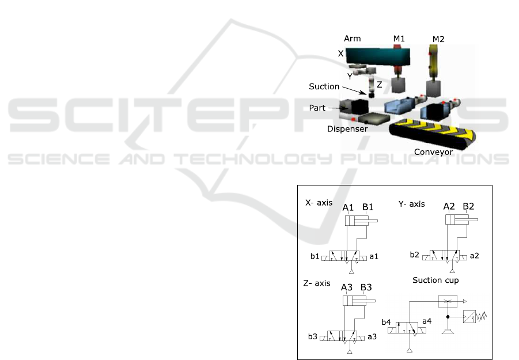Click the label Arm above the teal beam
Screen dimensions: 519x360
[x=352, y=39]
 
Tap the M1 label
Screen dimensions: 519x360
[x=399, y=39]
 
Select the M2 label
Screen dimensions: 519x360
[x=438, y=39]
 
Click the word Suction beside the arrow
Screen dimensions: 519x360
[x=324, y=86]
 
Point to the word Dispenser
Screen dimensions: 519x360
[x=347, y=128]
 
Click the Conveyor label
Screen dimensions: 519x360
[x=433, y=152]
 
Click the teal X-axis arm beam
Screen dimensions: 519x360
[x=378, y=56]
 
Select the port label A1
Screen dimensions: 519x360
[x=348, y=207]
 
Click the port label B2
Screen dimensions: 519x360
[x=468, y=206]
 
